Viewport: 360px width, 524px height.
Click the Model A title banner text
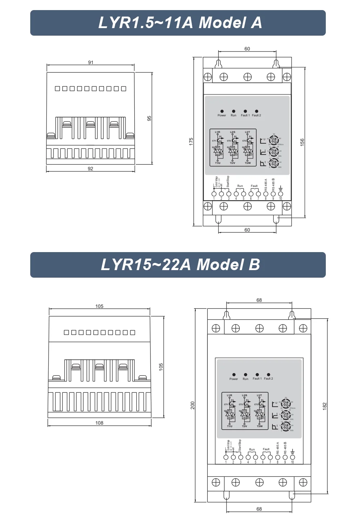(180, 23)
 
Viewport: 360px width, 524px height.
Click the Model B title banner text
(180, 265)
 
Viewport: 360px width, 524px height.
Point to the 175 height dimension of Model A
(191, 141)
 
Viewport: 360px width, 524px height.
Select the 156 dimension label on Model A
(302, 142)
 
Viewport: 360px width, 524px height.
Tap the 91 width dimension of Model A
(91, 62)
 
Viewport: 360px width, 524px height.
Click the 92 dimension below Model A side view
(90, 169)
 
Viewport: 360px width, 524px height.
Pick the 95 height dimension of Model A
(149, 118)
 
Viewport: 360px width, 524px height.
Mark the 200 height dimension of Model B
(193, 405)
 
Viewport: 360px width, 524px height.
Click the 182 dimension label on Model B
(324, 406)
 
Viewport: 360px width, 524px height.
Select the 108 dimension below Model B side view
(99, 423)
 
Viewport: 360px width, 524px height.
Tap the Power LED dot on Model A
(222, 111)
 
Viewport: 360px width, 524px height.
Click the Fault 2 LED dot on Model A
(256, 111)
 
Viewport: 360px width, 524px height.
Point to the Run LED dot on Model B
(246, 375)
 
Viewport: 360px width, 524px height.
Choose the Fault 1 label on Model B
(257, 379)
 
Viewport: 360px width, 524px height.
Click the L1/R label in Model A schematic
(217, 132)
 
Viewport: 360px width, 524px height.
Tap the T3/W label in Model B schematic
(260, 426)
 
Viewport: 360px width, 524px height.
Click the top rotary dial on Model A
(274, 140)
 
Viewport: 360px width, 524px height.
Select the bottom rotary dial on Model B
(286, 426)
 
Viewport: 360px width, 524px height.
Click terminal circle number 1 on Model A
(214, 194)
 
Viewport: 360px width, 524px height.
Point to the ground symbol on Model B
(292, 452)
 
